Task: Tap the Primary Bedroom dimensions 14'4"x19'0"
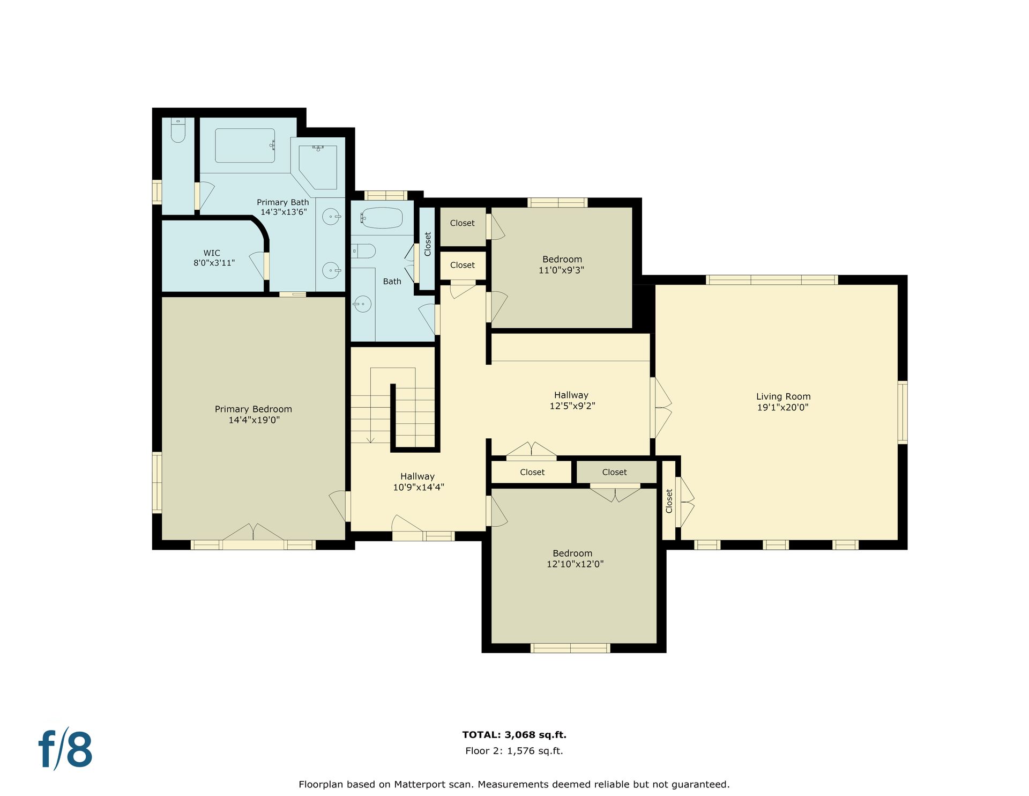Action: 254,420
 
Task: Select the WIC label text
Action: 212,253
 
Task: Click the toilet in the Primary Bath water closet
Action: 178,130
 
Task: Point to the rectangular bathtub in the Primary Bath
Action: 245,145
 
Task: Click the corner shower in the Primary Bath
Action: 318,166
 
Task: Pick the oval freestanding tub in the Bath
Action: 382,218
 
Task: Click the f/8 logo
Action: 65,748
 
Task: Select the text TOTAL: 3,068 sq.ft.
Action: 514,735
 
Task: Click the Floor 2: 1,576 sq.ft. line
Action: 514,751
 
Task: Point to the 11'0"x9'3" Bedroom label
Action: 562,264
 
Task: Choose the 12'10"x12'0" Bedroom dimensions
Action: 575,564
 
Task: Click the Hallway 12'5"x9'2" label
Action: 572,400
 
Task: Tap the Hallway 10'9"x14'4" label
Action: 418,482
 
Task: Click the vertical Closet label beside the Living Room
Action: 669,501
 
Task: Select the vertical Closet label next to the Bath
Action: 428,244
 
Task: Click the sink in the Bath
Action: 362,304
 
